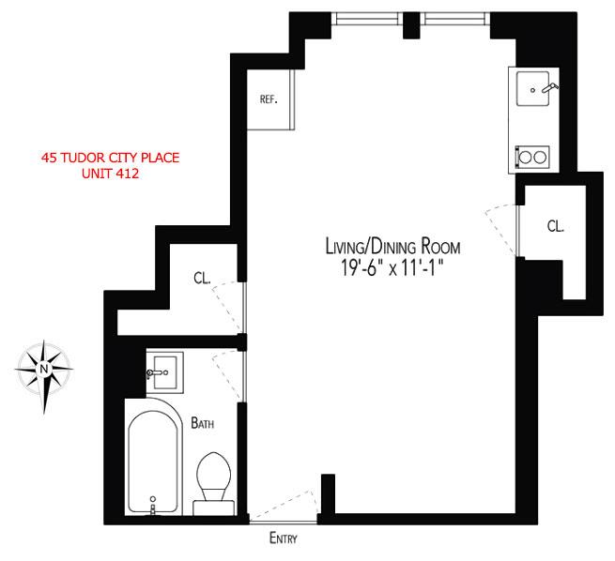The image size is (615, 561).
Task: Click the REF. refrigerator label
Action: click(269, 99)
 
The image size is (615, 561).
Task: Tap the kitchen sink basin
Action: click(532, 88)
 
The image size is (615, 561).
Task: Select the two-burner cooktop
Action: click(532, 157)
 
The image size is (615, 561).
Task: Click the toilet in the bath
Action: click(214, 484)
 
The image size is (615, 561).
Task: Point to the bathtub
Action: click(154, 457)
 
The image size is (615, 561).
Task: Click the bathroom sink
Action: click(164, 372)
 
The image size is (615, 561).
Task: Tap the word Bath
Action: click(203, 423)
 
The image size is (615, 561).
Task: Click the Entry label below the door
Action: click(284, 538)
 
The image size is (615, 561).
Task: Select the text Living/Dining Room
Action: click(393, 247)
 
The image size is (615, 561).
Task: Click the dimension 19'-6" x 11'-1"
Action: click(392, 268)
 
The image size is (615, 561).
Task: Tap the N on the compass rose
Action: click(43, 369)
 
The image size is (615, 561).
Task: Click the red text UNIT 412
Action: click(110, 174)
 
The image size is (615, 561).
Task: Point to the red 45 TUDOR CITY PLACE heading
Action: click(110, 158)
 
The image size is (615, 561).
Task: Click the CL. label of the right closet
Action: click(556, 226)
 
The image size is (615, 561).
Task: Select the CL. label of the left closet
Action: click(202, 278)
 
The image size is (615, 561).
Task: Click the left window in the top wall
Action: click(367, 19)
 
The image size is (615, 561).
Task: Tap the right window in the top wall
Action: click(455, 19)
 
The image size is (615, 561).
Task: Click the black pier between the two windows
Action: click(411, 25)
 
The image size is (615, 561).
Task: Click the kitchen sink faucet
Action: click(550, 87)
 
